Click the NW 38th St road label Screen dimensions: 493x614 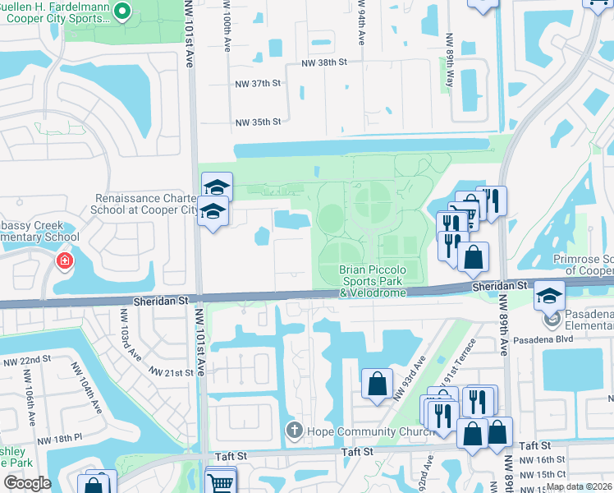324,62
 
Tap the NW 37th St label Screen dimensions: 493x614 259,84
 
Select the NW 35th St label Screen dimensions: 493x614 259,122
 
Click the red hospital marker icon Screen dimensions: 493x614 64,262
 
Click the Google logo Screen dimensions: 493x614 28,483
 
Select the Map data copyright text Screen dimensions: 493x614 579,486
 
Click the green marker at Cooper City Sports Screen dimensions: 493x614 122,12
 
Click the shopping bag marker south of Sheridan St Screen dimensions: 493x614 377,383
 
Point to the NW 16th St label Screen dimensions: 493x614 549,460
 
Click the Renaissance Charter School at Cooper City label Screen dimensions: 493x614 146,204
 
